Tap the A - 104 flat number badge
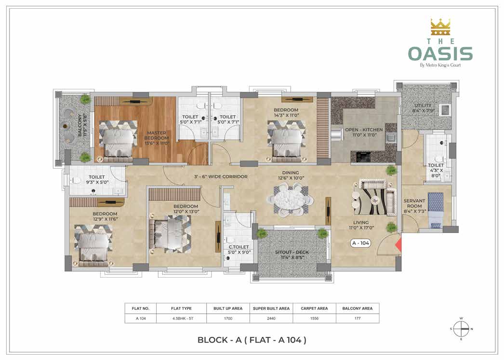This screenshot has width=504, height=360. coord(360,243)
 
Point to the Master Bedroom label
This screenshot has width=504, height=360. coord(157,138)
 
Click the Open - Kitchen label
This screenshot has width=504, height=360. coord(364,132)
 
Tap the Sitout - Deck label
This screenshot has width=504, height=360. coord(292,254)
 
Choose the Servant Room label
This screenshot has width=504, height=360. coord(414,206)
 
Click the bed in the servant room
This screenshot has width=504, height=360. coord(436,210)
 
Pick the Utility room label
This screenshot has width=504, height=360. coord(424,108)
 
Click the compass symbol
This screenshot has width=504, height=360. coord(461,329)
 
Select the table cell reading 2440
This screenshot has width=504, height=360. coord(271,318)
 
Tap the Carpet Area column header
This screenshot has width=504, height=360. coord(314,308)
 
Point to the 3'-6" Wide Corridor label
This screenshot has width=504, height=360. coord(221,176)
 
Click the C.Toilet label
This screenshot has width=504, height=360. coord(239,250)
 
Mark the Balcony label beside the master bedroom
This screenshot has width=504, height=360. coord(82,125)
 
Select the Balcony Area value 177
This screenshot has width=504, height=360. coord(358,318)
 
